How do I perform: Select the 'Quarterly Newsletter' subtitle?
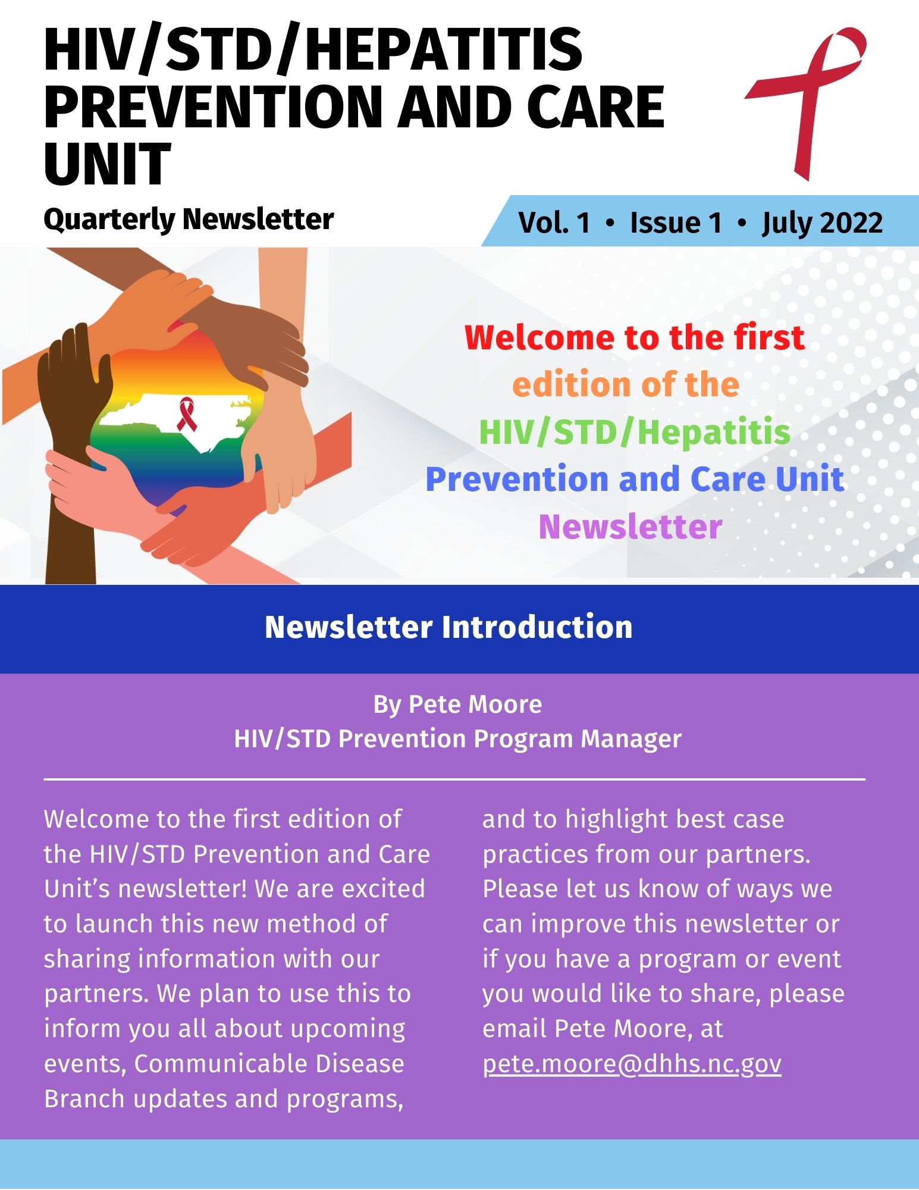pyautogui.click(x=189, y=219)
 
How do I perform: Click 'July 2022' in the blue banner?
pyautogui.click(x=822, y=223)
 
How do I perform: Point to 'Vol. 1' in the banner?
pyautogui.click(x=554, y=223)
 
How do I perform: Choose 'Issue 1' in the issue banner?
pyautogui.click(x=676, y=223)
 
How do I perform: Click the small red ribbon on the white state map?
pyautogui.click(x=186, y=414)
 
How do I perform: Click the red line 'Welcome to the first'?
pyautogui.click(x=635, y=337)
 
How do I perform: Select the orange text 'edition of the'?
pyautogui.click(x=625, y=385)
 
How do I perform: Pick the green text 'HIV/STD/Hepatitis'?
pyautogui.click(x=635, y=433)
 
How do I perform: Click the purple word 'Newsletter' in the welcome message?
pyautogui.click(x=631, y=527)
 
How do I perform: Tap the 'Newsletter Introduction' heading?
pyautogui.click(x=448, y=627)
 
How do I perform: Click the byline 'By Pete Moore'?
pyautogui.click(x=457, y=704)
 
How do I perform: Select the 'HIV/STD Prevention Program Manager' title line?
pyautogui.click(x=457, y=739)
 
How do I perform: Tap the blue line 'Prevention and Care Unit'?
pyautogui.click(x=635, y=480)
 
